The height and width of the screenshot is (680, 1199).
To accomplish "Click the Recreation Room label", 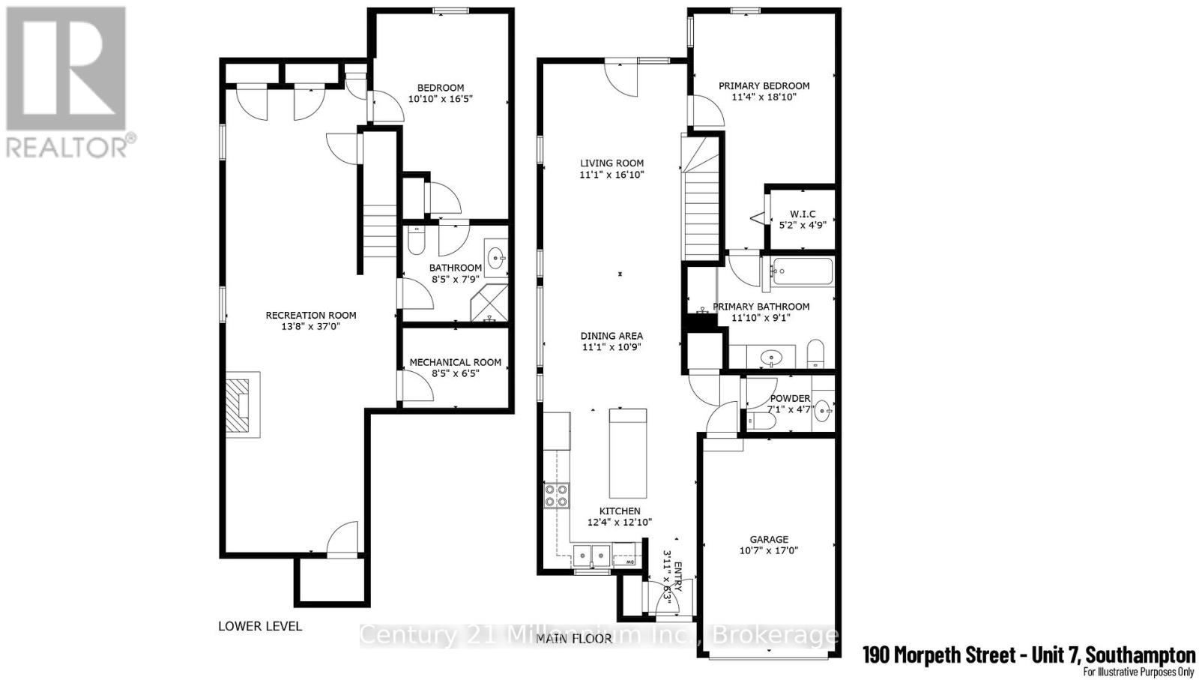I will (311, 315).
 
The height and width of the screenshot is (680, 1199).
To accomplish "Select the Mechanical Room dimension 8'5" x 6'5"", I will (455, 373).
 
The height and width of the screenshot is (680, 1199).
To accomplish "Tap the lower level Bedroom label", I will (441, 88).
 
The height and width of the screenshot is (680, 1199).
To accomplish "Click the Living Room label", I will (611, 163).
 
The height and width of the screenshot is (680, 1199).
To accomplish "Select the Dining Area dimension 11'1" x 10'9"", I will (612, 347).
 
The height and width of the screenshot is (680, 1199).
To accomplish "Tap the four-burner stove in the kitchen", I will (556, 496).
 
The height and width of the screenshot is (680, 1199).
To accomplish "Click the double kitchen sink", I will (592, 556).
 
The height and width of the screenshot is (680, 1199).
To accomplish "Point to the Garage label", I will (769, 539).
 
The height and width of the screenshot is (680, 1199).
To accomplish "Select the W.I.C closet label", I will (802, 214).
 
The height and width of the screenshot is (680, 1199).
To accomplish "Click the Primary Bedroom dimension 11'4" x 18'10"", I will (764, 97).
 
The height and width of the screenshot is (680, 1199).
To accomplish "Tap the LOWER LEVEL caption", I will (260, 626).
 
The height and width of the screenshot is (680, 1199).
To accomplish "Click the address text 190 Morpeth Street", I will (939, 655).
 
